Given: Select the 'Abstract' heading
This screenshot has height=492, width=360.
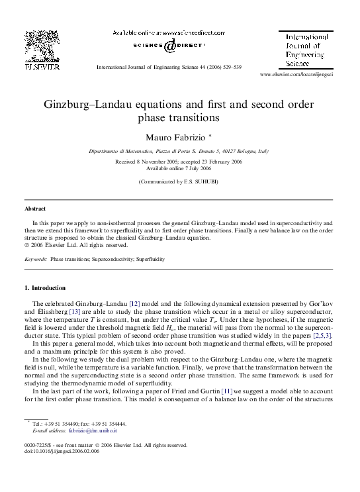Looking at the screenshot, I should (x=36, y=208).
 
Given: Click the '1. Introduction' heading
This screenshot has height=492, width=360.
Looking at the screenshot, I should (x=45, y=288).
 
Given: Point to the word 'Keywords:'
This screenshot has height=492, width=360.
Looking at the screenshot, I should (x=35, y=259).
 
